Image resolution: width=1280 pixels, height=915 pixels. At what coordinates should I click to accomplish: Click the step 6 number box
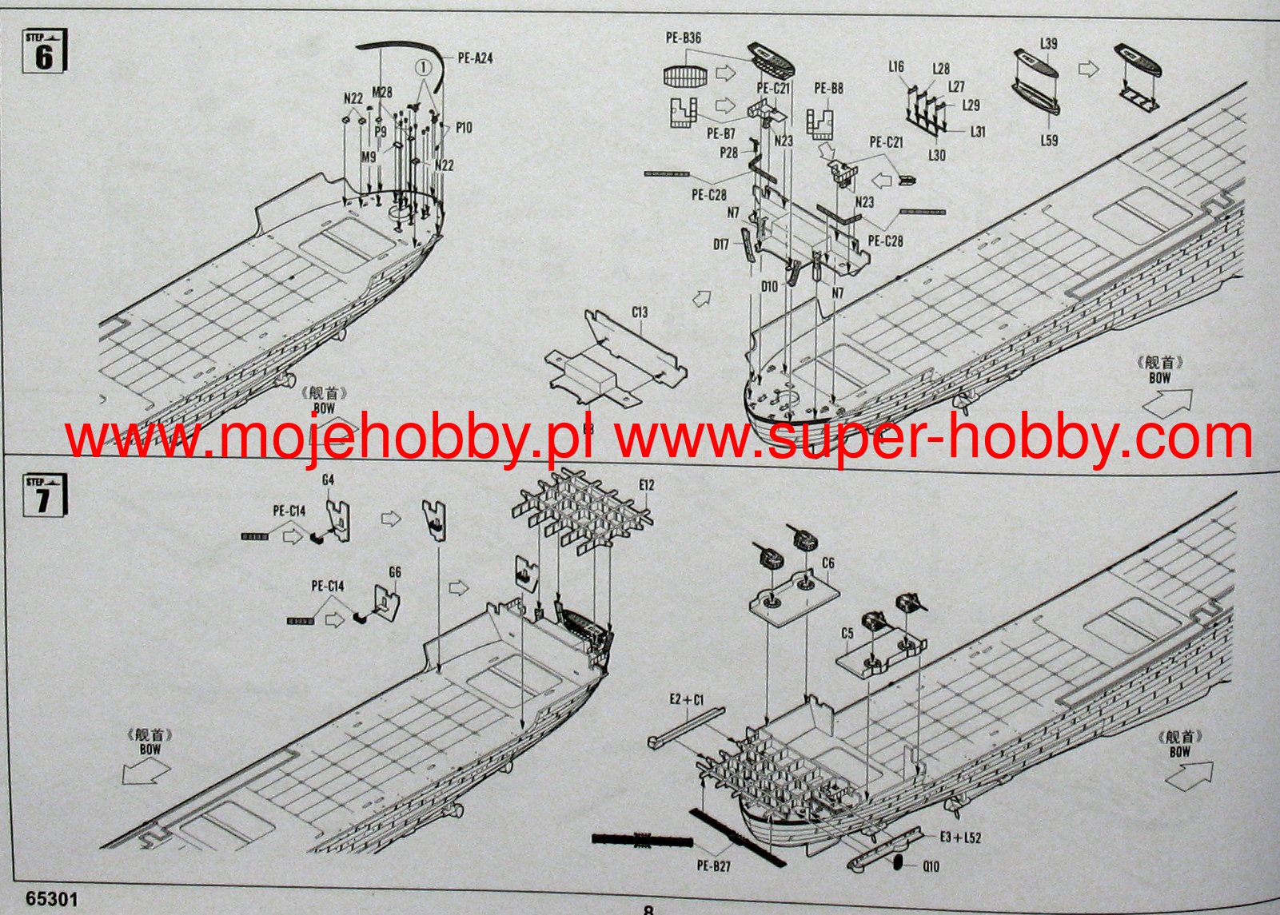pyautogui.click(x=44, y=53)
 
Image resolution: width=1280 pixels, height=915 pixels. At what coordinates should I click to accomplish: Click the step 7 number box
pyautogui.click(x=44, y=495)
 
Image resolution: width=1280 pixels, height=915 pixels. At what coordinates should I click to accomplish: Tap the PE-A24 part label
pyautogui.click(x=475, y=58)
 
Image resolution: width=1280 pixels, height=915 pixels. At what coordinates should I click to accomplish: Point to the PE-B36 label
pyautogui.click(x=684, y=38)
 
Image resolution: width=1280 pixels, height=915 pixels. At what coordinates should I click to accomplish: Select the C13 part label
pyautogui.click(x=640, y=312)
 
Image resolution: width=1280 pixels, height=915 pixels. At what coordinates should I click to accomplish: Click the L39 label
pyautogui.click(x=1048, y=43)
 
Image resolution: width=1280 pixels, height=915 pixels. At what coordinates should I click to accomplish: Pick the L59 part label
pyautogui.click(x=1049, y=141)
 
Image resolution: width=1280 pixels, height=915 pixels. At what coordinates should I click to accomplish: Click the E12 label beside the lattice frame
pyautogui.click(x=647, y=485)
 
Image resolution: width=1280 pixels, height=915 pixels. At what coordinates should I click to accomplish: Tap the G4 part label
pyautogui.click(x=328, y=480)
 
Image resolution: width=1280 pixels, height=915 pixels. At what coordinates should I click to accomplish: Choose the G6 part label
pyautogui.click(x=394, y=572)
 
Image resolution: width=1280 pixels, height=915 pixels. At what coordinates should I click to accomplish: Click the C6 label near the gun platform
pyautogui.click(x=827, y=563)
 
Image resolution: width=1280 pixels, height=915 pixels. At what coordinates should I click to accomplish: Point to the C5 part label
pyautogui.click(x=847, y=634)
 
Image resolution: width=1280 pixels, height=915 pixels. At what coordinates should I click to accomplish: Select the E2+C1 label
pyautogui.click(x=687, y=700)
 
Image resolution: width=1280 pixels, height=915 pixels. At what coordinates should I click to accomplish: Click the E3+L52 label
pyautogui.click(x=960, y=837)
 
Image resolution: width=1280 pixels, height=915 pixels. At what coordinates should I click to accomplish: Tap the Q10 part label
pyautogui.click(x=931, y=866)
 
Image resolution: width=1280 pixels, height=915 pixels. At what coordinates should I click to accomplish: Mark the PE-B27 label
pyautogui.click(x=713, y=865)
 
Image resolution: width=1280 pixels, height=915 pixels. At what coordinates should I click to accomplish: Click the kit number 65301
pyautogui.click(x=52, y=899)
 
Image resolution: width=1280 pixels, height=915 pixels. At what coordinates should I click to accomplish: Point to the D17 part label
pyautogui.click(x=721, y=245)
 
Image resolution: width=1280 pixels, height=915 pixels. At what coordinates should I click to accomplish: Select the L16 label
pyautogui.click(x=896, y=67)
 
